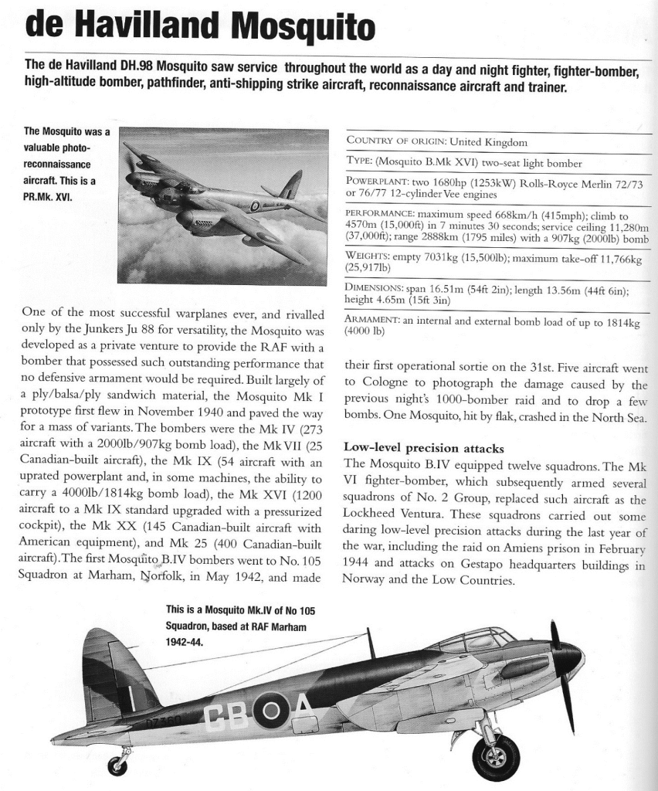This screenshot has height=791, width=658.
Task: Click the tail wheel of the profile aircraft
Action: tap(117, 765)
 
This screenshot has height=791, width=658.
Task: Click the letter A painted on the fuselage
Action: tap(299, 711)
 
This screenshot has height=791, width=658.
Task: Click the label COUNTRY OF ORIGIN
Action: tap(395, 141)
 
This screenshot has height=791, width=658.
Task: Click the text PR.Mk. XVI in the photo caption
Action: tap(48, 197)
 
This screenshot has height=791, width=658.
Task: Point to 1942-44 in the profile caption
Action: tap(185, 640)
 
